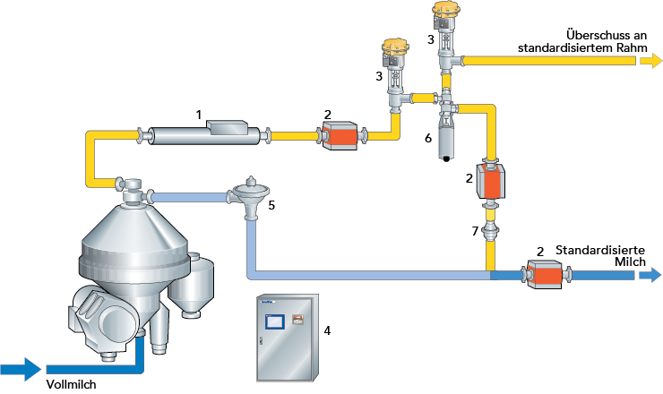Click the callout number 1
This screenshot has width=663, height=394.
[x=199, y=115]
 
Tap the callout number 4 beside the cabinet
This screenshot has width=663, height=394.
[x=327, y=330]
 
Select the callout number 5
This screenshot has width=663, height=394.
[x=271, y=205]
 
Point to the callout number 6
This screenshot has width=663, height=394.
[x=427, y=138]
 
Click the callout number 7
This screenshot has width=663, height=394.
[x=476, y=231]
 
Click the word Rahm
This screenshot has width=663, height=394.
[x=618, y=47]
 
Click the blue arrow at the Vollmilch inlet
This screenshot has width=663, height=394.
[x=21, y=367]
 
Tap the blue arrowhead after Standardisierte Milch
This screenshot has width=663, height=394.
[x=650, y=275]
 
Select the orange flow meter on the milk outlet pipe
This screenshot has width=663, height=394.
[x=544, y=274]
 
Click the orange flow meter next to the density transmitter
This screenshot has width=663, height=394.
[x=340, y=137]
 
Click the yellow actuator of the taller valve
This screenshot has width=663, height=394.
[x=445, y=11]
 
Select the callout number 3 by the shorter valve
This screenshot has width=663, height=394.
[x=379, y=77]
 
